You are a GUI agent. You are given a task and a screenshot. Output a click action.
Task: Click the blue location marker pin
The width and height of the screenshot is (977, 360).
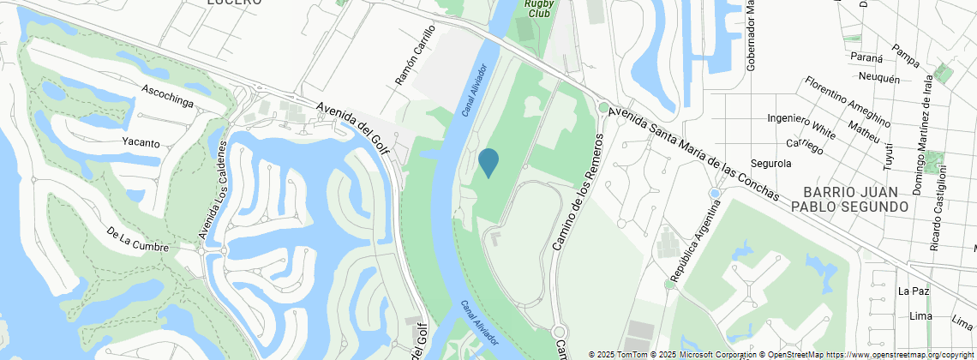(488, 161)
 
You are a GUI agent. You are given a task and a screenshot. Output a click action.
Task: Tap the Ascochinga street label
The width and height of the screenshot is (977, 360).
(167, 96)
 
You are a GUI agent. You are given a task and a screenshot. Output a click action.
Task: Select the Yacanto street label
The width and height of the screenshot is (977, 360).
(141, 143)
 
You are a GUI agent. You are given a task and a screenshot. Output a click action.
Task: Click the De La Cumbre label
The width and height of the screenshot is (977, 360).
(137, 240)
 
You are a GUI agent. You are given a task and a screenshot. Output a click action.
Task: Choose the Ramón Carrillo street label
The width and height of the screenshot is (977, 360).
(414, 63)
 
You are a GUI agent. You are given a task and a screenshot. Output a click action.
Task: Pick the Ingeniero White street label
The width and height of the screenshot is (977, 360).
(801, 125)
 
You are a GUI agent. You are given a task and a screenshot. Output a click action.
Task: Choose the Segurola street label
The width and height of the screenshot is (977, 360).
(770, 163)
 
